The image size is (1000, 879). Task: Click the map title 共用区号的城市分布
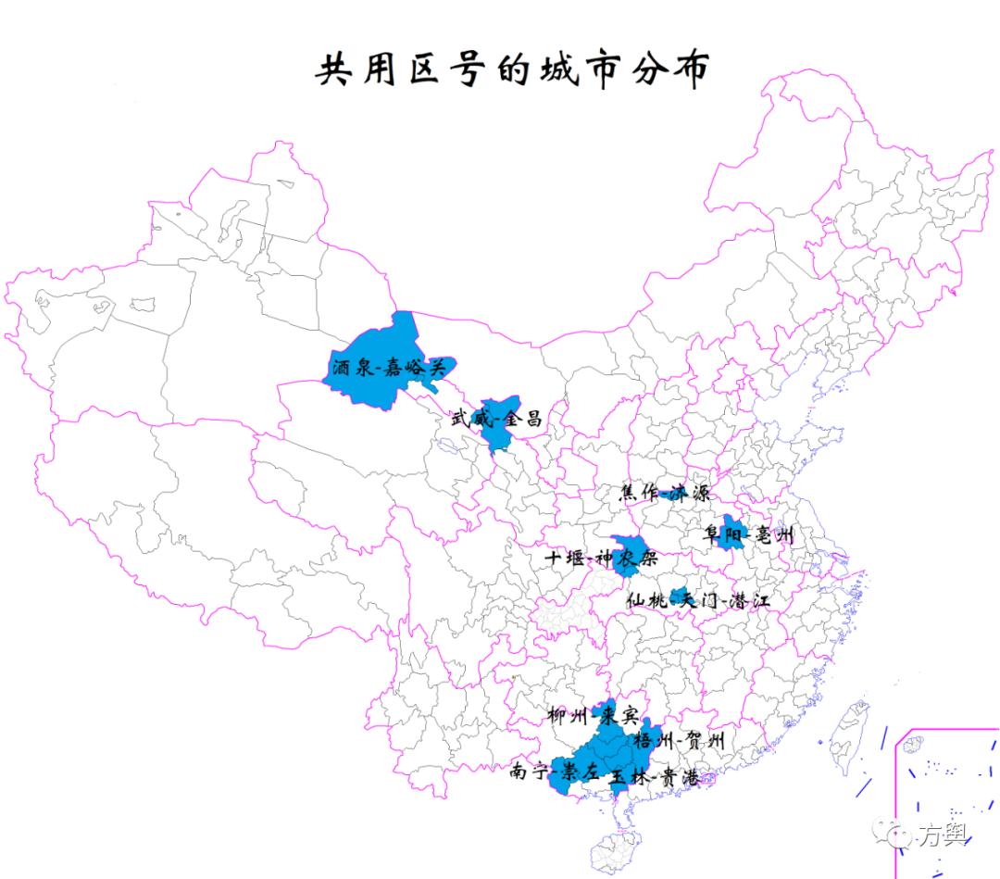pyautogui.click(x=512, y=69)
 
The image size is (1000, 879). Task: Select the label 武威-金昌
pyautogui.click(x=495, y=419)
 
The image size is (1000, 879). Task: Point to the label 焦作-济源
pyautogui.click(x=664, y=493)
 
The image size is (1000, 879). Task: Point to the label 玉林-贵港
pyautogui.click(x=654, y=778)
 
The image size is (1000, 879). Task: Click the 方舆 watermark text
pyautogui.click(x=942, y=835)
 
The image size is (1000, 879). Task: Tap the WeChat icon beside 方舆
pyautogui.click(x=897, y=835)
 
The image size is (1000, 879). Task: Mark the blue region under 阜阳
pyautogui.click(x=731, y=534)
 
